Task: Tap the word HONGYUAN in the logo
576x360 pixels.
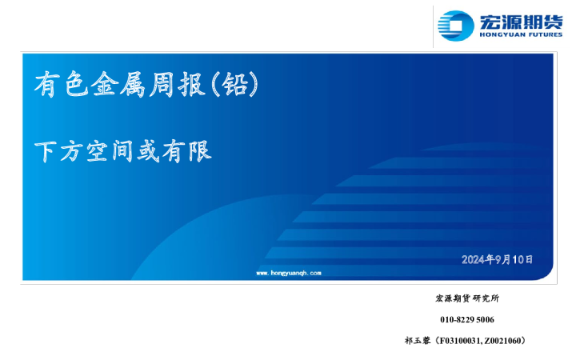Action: [x=499, y=34]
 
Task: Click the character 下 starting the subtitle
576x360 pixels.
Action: [x=46, y=151]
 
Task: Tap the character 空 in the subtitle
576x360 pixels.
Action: [x=97, y=151]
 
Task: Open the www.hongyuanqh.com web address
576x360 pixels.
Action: [x=288, y=273]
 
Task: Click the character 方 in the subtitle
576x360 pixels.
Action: [x=71, y=151]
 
